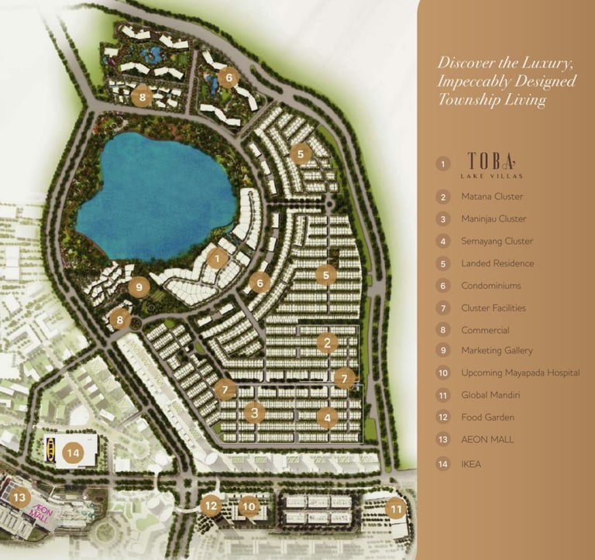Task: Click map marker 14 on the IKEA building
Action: pyautogui.click(x=74, y=452)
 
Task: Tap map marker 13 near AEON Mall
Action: pyautogui.click(x=19, y=497)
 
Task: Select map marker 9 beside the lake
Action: pyautogui.click(x=139, y=287)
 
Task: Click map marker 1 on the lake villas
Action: pyautogui.click(x=218, y=259)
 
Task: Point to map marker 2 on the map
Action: pyautogui.click(x=327, y=342)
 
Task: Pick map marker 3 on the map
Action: pyautogui.click(x=255, y=412)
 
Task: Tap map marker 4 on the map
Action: pyautogui.click(x=328, y=417)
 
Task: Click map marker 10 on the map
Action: pyautogui.click(x=249, y=506)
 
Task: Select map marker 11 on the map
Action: pyautogui.click(x=396, y=509)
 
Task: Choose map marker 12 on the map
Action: pyautogui.click(x=211, y=505)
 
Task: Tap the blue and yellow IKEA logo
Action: pyautogui.click(x=51, y=449)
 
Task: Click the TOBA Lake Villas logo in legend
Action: pyautogui.click(x=492, y=165)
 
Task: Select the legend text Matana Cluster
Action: pyautogui.click(x=492, y=197)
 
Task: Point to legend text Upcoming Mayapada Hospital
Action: pyautogui.click(x=521, y=373)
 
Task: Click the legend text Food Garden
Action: pyautogui.click(x=488, y=417)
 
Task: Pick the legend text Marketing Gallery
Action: pyautogui.click(x=497, y=351)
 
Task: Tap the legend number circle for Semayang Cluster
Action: pyautogui.click(x=443, y=242)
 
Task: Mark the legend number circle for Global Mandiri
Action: pyautogui.click(x=443, y=395)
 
